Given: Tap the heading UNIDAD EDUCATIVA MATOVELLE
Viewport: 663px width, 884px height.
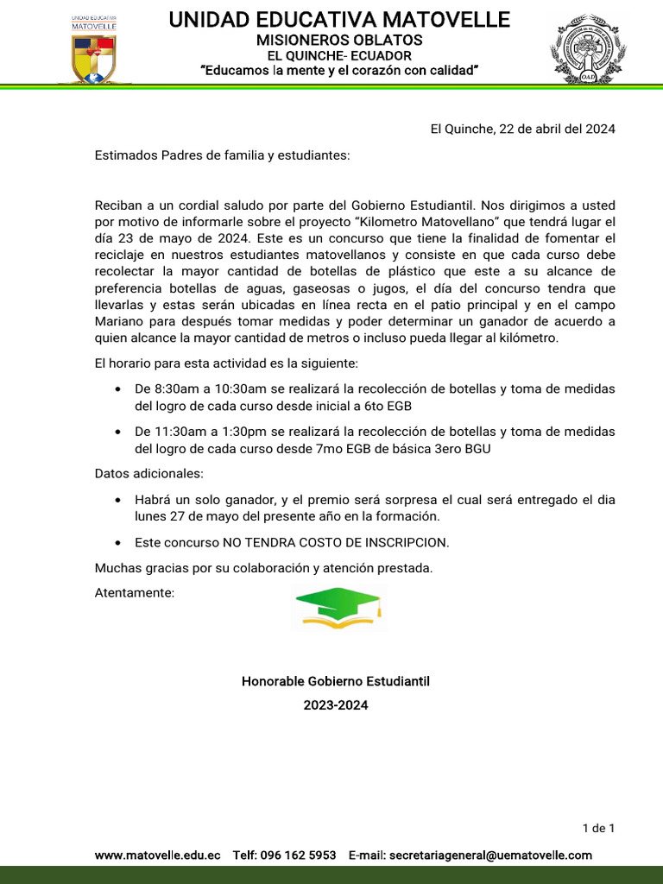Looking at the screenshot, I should [x=339, y=19].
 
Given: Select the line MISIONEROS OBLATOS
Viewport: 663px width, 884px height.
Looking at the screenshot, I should [x=339, y=40].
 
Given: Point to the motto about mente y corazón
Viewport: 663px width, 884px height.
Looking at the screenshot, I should [x=339, y=70].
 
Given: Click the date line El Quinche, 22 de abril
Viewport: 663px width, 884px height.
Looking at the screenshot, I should [x=522, y=129].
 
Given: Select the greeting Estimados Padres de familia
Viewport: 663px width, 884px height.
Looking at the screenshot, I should [x=223, y=155].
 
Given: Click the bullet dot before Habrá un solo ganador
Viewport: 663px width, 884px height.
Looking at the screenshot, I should [x=117, y=501].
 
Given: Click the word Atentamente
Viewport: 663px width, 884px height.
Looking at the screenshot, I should [x=134, y=593].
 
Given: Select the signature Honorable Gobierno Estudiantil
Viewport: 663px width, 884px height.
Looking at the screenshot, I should [x=335, y=681].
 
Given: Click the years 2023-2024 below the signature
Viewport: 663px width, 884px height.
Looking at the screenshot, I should [x=335, y=705].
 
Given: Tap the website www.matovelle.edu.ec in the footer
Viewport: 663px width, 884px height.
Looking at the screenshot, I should [x=157, y=855].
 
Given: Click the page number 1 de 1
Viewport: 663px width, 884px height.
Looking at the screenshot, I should [x=598, y=829].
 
